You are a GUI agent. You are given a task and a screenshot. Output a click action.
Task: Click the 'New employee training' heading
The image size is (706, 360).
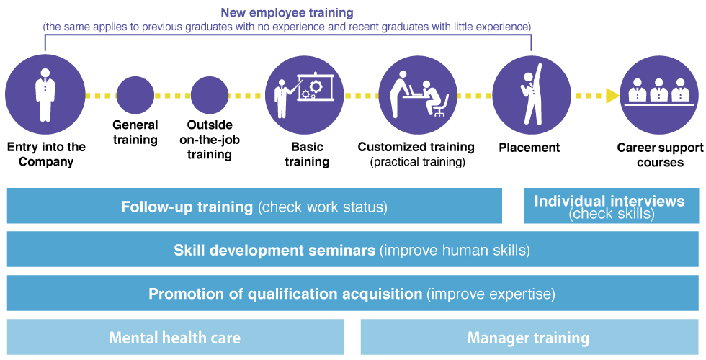pyautogui.click(x=287, y=13)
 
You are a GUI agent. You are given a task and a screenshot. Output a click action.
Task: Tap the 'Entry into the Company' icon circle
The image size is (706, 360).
pyautogui.click(x=45, y=95)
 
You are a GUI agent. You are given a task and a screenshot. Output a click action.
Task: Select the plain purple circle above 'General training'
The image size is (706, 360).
pyautogui.click(x=135, y=95)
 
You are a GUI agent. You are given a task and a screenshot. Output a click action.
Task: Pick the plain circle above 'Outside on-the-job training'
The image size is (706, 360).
pyautogui.click(x=210, y=95)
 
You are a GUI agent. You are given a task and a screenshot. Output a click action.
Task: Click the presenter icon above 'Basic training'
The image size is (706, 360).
pyautogui.click(x=304, y=95)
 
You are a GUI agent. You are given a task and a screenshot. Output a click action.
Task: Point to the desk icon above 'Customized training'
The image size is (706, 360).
pyautogui.click(x=418, y=95)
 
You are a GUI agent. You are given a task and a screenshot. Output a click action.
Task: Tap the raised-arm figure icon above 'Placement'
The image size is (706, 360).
pyautogui.click(x=532, y=95)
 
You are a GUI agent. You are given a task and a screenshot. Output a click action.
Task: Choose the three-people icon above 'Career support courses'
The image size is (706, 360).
pyautogui.click(x=658, y=95)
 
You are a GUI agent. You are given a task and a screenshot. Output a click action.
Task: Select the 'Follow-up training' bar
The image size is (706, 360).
pyautogui.click(x=254, y=206)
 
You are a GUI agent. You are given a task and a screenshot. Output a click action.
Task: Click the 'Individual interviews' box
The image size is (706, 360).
pyautogui.click(x=611, y=206)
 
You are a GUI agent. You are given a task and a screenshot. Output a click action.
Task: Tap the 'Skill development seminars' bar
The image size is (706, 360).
pyautogui.click(x=352, y=249)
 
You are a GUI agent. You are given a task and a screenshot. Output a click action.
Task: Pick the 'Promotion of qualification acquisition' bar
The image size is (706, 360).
pyautogui.click(x=352, y=294)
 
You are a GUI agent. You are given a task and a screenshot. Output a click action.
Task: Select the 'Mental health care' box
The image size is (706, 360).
pyautogui.click(x=175, y=337)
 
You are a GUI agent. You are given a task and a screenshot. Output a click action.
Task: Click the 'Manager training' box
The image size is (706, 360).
pyautogui.click(x=529, y=337)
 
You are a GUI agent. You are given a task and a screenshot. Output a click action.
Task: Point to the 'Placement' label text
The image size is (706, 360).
pyautogui.click(x=529, y=148)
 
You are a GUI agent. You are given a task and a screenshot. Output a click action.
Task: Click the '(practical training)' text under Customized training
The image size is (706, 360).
pyautogui.click(x=417, y=162)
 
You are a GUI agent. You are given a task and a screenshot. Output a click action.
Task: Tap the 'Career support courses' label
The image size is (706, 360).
pyautogui.click(x=660, y=155)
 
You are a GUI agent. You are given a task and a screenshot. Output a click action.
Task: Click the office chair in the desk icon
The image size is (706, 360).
pyautogui.click(x=441, y=107)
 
